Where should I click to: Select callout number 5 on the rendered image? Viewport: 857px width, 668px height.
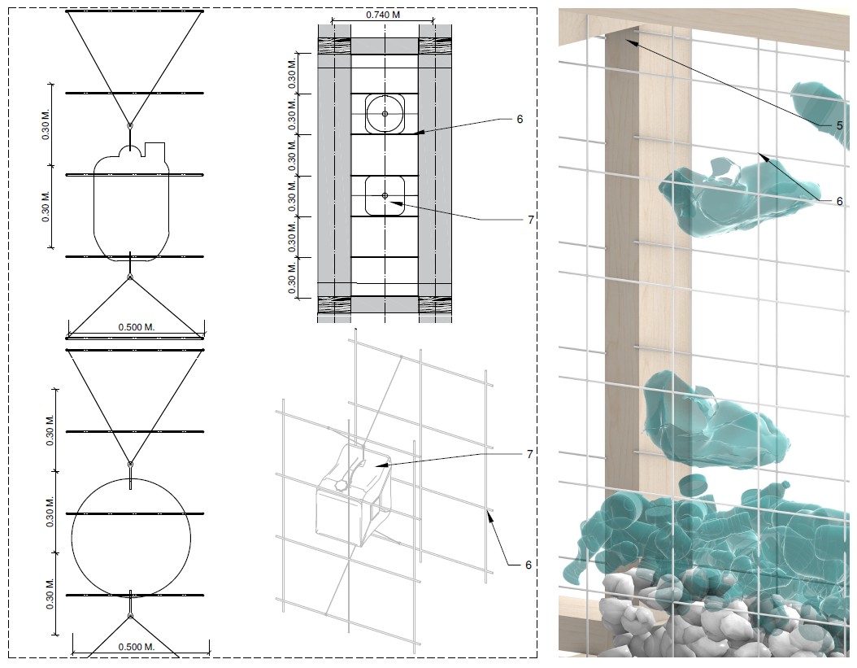pyautogui.click(x=839, y=126)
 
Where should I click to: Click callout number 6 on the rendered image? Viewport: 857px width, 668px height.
pyautogui.click(x=839, y=201)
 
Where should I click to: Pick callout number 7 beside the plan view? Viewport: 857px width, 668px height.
pyautogui.click(x=529, y=220)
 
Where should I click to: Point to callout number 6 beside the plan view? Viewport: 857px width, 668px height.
pyautogui.click(x=519, y=119)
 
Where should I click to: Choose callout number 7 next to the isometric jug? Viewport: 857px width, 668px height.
pyautogui.click(x=529, y=454)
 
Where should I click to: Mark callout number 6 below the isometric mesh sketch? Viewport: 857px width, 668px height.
pyautogui.click(x=529, y=564)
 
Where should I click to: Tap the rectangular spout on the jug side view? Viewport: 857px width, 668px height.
pyautogui.click(x=155, y=150)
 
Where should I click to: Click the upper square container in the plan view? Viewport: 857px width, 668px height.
pyautogui.click(x=385, y=114)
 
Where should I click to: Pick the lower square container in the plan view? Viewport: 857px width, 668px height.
pyautogui.click(x=385, y=195)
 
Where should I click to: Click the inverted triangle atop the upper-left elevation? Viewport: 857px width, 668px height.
pyautogui.click(x=134, y=49)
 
